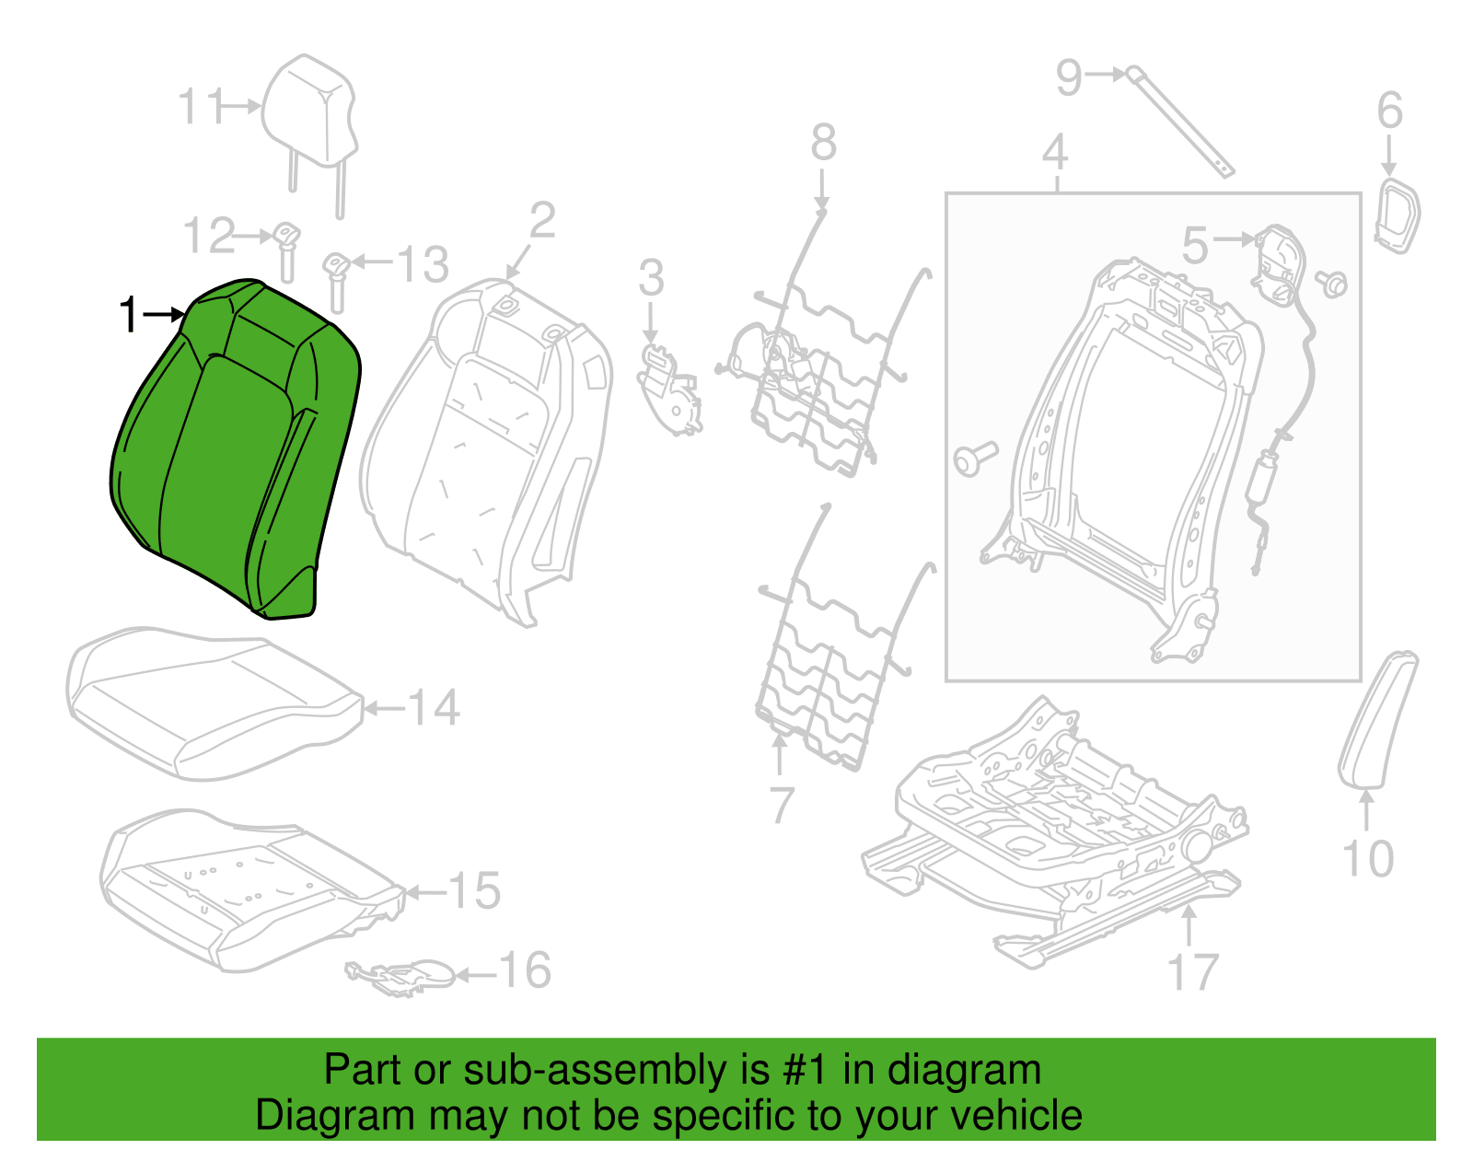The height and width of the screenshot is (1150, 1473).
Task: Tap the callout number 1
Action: coord(128,315)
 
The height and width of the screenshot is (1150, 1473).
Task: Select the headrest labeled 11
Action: coord(309,134)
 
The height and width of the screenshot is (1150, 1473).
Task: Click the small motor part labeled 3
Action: coord(669,389)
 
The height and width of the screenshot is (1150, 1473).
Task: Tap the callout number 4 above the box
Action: coord(1055,152)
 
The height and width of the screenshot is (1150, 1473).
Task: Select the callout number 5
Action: coord(1194,244)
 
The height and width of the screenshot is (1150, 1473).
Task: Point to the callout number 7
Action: coord(782,805)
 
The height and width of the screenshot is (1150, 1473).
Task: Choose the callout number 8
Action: coord(824,143)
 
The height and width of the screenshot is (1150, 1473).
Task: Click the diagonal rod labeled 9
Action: coord(1179,122)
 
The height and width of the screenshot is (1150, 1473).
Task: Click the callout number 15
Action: coord(474,889)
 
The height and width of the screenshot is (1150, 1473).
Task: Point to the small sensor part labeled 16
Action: coord(400,977)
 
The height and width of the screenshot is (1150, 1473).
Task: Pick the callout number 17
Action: coord(1194,971)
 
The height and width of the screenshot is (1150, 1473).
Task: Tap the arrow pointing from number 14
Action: coord(384,709)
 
